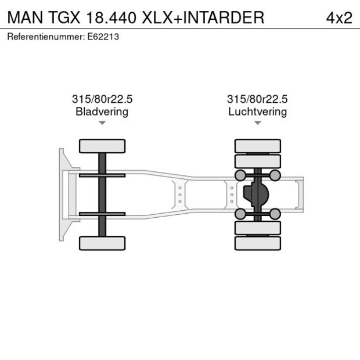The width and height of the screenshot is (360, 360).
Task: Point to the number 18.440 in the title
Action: pos(113,17)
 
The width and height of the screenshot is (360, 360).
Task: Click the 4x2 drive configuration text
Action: pos(339,17)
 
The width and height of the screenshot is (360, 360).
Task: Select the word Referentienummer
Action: pos(46,37)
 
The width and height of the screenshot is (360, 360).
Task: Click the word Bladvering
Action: pos(102,111)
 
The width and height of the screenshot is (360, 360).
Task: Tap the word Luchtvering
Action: pos(257,111)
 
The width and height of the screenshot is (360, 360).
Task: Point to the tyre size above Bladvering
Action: pos(102,100)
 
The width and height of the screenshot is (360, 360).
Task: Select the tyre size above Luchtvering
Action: pos(257,100)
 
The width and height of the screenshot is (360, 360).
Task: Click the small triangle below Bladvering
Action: pos(102,123)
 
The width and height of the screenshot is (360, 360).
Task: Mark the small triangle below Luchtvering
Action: pos(257,123)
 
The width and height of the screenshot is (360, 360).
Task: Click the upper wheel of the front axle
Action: pos(102,146)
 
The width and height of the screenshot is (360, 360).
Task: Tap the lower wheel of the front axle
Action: pos(102,243)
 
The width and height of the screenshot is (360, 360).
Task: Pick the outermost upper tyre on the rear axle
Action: pos(258,145)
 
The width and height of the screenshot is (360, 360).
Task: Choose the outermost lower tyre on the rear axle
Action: pos(258,243)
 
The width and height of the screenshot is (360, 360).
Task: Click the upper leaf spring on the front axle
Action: pos(102,175)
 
